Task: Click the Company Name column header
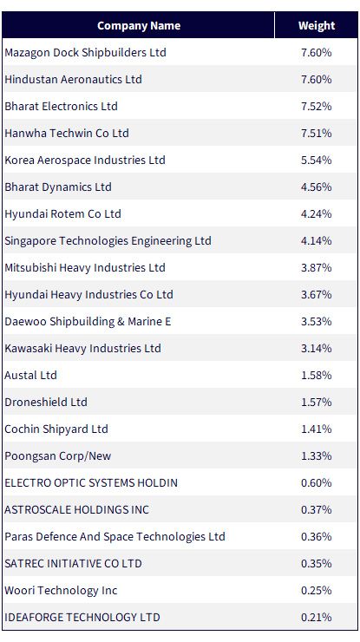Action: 139,26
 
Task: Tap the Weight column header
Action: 317,26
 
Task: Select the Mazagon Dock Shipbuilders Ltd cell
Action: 85,52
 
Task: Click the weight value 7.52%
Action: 316,107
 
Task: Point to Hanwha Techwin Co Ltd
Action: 67,133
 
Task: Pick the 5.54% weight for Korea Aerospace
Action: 316,160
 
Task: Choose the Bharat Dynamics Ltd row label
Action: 58,187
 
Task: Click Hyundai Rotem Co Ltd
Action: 62,214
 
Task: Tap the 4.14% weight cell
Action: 316,241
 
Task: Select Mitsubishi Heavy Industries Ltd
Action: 85,268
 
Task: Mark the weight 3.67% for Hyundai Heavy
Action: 316,295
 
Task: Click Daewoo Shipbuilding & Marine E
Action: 88,321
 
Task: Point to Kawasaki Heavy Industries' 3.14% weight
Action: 316,349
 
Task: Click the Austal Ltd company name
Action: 30,376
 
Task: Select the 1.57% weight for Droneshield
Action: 316,402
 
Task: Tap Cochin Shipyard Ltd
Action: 56,429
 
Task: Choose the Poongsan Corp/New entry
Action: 58,456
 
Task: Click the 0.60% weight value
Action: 316,482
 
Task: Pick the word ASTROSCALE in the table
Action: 36,510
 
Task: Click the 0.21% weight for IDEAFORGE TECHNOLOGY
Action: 316,618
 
